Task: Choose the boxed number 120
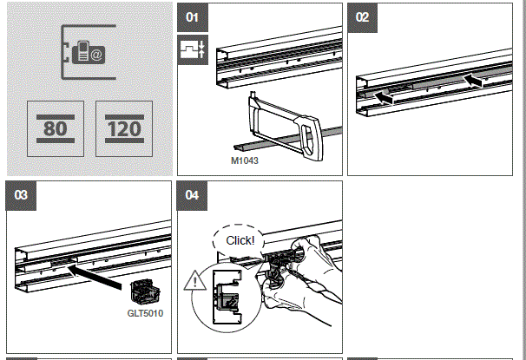click(124, 128)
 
